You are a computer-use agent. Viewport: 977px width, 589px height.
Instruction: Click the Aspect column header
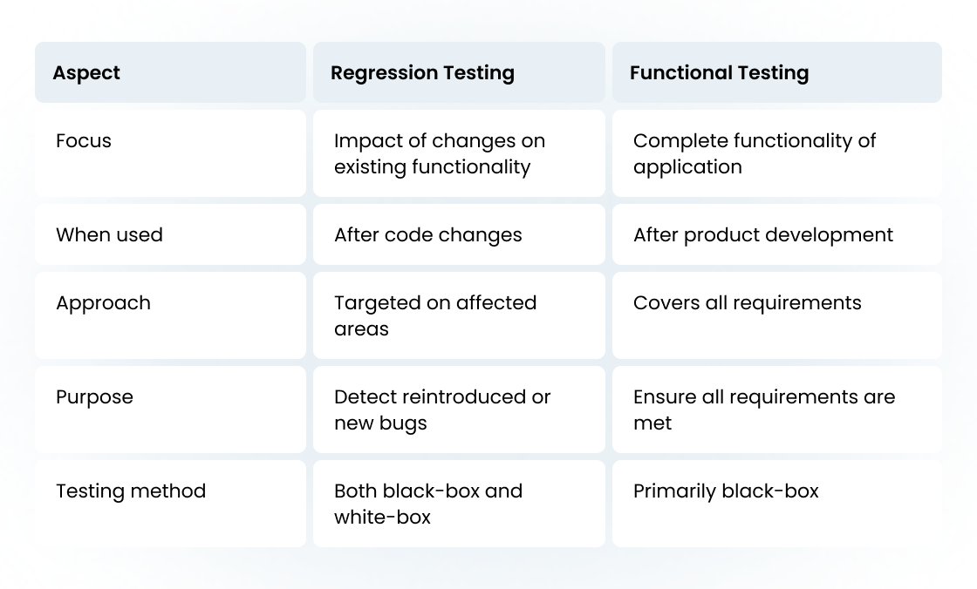click(86, 73)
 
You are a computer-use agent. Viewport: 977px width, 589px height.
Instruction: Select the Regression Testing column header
click(422, 73)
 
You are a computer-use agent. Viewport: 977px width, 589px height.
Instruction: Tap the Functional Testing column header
click(719, 73)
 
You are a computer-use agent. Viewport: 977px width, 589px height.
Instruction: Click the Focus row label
click(84, 141)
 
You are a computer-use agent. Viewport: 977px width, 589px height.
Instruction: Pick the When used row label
click(109, 235)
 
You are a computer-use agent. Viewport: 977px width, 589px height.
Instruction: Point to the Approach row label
click(103, 303)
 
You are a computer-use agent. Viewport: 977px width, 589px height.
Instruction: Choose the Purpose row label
click(94, 397)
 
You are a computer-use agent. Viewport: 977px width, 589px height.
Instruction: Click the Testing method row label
click(131, 491)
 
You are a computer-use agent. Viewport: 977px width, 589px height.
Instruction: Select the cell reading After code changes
click(427, 235)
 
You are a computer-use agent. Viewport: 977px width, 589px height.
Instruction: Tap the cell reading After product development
click(763, 235)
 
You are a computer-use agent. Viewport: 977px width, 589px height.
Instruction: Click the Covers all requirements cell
click(747, 303)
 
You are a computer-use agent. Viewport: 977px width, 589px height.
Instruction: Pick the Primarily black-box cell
click(726, 491)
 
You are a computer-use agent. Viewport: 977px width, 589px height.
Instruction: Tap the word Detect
click(364, 397)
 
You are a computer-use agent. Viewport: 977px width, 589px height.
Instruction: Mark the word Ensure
click(665, 397)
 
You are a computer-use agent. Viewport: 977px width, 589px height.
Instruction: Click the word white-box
click(382, 518)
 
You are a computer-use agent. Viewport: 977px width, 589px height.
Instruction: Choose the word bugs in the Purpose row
click(404, 424)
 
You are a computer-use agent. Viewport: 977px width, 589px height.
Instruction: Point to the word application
click(687, 167)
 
